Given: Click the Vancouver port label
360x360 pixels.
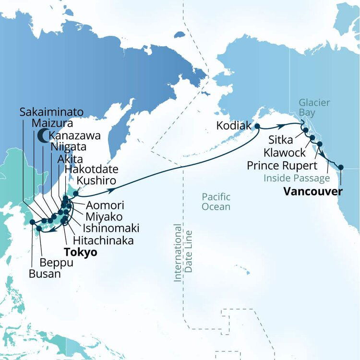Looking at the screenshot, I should (x=313, y=192).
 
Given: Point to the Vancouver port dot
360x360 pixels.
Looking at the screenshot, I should (x=341, y=168).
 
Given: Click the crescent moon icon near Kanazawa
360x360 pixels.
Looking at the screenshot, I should (x=42, y=135).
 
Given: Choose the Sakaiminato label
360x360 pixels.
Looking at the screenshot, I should (x=51, y=112).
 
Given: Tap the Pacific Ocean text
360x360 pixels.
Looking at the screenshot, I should (x=216, y=202).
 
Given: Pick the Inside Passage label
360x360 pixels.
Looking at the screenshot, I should (x=297, y=179).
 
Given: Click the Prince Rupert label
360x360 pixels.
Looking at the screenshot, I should (x=282, y=166).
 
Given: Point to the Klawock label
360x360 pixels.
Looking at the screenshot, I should (x=284, y=153).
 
